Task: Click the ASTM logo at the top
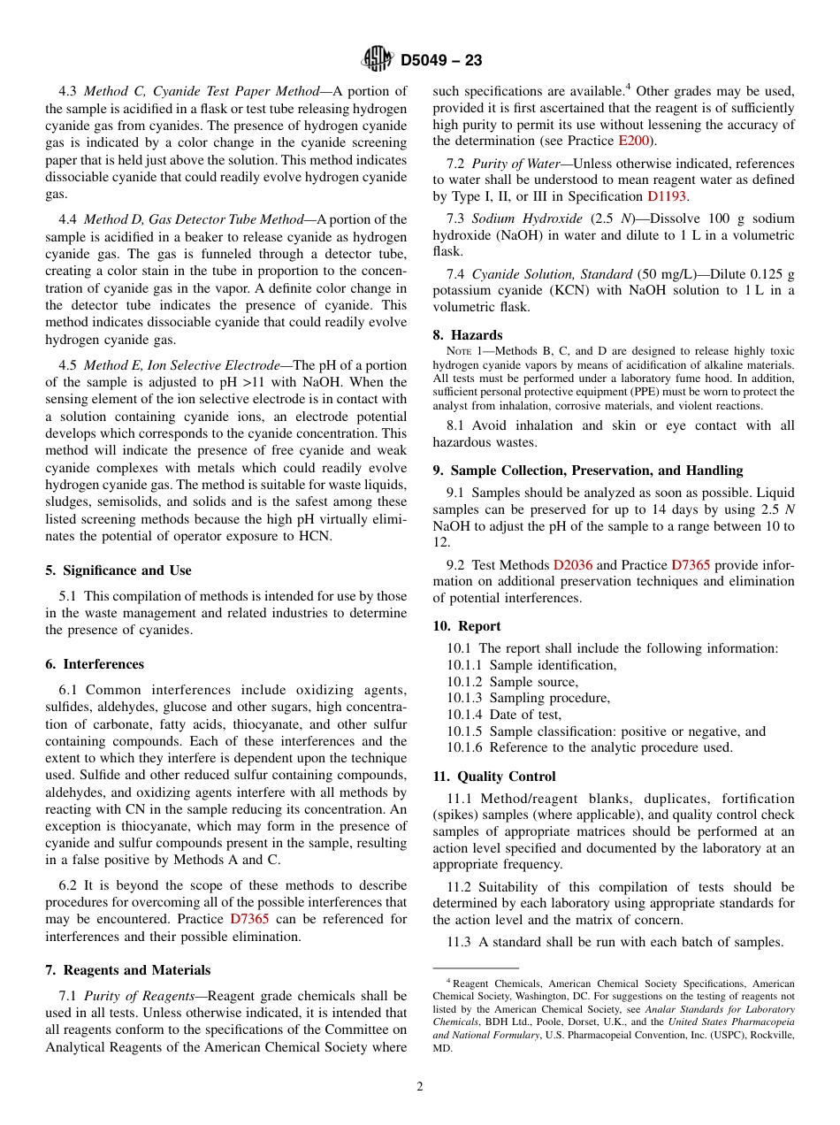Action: pyautogui.click(x=378, y=60)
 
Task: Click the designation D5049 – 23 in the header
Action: pyautogui.click(x=441, y=61)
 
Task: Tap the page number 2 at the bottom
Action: pyautogui.click(x=420, y=1087)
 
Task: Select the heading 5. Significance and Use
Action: pyautogui.click(x=118, y=570)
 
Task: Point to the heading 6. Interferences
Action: pyautogui.click(x=95, y=664)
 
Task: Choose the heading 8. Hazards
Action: pyautogui.click(x=468, y=335)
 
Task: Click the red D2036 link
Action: pyautogui.click(x=573, y=565)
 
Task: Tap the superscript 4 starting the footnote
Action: pyautogui.click(x=448, y=981)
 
